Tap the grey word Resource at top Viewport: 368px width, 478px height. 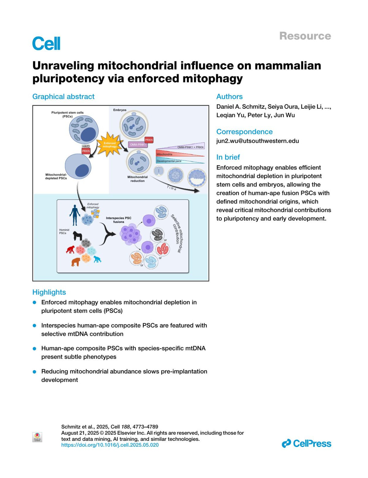coord(305,36)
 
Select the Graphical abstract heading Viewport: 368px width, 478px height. coord(63,96)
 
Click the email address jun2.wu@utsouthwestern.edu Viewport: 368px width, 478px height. coord(258,141)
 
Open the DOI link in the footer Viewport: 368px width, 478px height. coord(110,445)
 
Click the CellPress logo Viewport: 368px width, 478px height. coord(306,443)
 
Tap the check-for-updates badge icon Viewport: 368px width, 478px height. coord(37,437)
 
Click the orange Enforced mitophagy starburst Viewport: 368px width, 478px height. coord(109,145)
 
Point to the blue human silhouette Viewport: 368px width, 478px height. coord(75,215)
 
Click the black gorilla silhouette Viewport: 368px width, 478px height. coord(78,236)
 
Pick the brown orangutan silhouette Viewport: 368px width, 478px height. coord(75,262)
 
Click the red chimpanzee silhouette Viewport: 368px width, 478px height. coord(71,249)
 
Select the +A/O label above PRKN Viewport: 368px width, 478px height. coord(86,146)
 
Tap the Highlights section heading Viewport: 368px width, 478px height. coord(49,292)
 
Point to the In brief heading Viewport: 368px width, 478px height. coord(228,157)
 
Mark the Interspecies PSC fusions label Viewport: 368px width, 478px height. coord(119,220)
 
